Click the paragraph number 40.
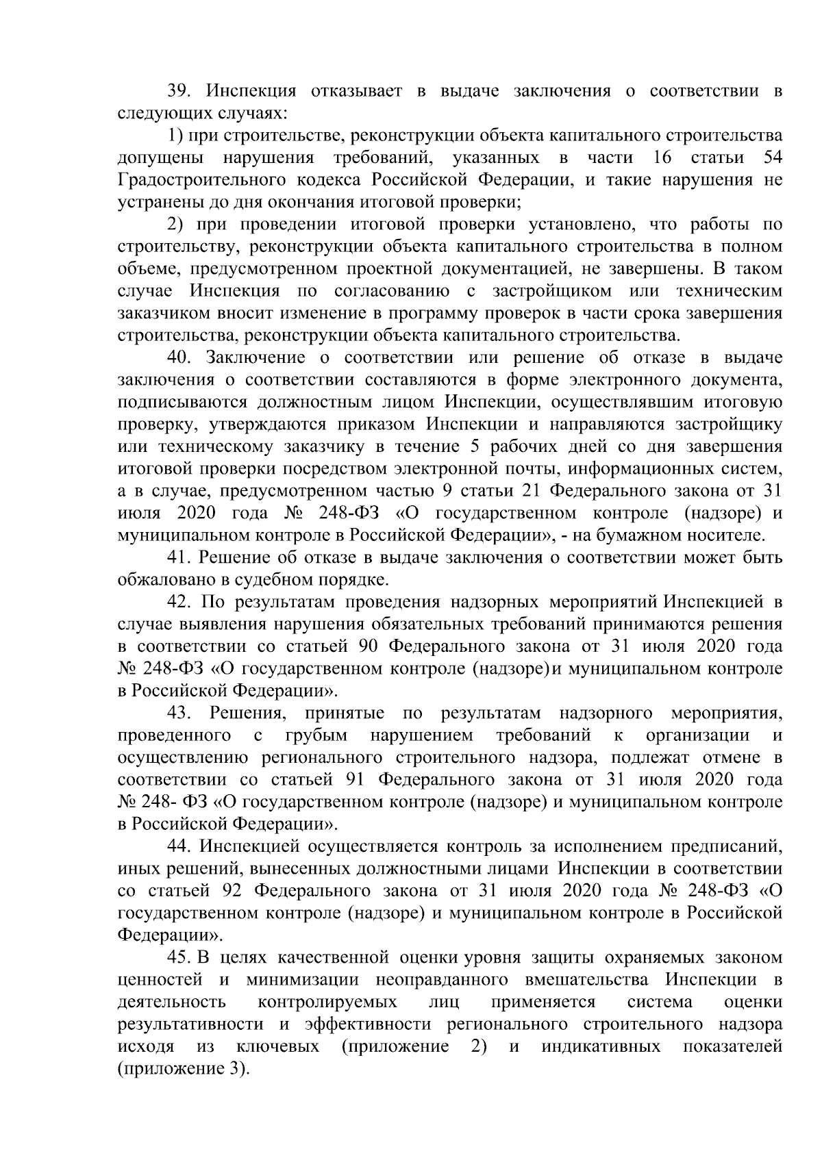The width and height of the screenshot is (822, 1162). tap(181, 358)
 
